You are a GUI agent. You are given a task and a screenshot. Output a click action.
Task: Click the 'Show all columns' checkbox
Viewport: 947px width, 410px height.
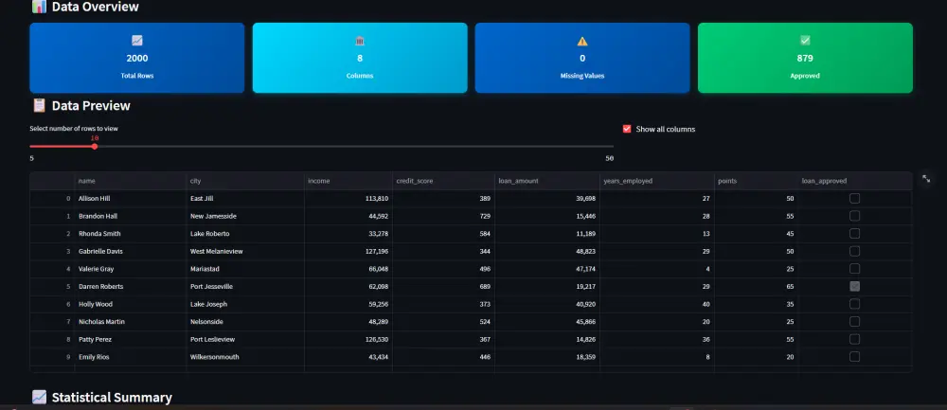626,129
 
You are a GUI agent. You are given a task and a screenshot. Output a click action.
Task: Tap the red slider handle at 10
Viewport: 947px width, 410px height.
95,146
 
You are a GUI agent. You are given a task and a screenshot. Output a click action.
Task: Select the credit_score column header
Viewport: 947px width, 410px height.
414,180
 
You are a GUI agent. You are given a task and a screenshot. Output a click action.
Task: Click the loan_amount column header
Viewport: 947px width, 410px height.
518,180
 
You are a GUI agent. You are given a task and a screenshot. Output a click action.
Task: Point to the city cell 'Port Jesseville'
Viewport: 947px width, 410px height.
211,286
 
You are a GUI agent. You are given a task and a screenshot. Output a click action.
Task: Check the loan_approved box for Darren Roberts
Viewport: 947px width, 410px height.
854,286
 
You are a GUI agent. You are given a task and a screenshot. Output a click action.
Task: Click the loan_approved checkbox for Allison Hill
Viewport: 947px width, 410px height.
854,198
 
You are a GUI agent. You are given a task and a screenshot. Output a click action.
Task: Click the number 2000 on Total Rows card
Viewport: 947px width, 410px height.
137,58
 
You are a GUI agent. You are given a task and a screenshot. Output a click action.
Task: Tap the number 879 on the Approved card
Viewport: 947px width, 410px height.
805,58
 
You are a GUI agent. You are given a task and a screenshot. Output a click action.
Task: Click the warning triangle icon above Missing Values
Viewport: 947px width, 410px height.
582,41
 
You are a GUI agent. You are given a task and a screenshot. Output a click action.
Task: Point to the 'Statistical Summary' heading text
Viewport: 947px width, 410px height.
112,398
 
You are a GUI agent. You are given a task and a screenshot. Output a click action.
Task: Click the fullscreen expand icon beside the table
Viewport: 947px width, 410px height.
926,178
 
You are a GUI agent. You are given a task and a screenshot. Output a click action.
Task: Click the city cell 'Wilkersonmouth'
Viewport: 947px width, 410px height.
215,356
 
